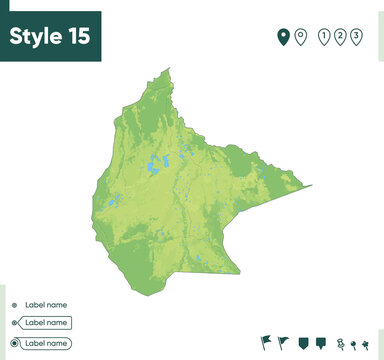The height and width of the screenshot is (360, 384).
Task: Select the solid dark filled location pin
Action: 283,38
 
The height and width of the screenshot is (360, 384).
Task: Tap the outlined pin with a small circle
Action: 300,38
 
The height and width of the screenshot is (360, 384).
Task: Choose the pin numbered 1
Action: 323,38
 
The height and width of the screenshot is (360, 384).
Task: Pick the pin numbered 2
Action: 340,38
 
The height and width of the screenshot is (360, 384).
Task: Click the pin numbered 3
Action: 357,38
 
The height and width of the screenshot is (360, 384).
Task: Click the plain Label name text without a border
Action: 46,305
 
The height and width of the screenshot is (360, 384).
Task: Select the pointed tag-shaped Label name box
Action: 46,323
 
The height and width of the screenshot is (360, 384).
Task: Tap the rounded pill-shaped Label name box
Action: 46,343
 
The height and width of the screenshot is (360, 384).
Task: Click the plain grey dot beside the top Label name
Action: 13,305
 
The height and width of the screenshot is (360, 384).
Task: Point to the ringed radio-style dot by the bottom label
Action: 13,343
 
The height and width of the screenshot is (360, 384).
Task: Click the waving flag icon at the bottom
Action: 264,343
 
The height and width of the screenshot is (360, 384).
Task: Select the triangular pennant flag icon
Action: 283,343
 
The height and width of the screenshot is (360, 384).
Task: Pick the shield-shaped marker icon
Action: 303,343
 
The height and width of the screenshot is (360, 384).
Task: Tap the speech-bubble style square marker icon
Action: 321,343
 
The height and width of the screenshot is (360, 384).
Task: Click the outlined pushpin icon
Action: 340,344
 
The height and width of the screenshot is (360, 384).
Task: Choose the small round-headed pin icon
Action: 355,344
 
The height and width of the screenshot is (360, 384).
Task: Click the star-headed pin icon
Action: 368,344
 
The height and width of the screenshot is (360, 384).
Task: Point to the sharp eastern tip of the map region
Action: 311,186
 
